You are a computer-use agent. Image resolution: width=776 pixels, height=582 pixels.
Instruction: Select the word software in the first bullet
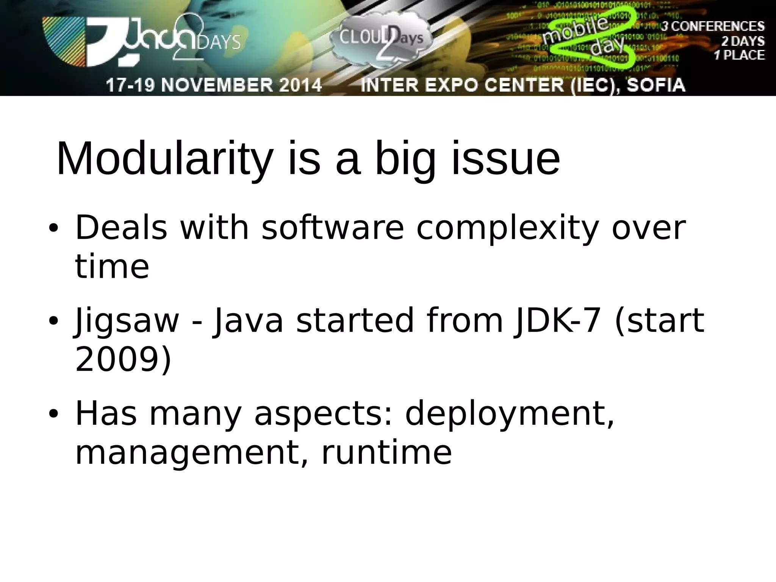click(333, 228)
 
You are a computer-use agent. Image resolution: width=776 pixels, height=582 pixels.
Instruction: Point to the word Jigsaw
click(127, 321)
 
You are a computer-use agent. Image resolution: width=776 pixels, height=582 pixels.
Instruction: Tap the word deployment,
click(509, 415)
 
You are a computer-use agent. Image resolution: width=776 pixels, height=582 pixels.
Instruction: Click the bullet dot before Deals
click(53, 229)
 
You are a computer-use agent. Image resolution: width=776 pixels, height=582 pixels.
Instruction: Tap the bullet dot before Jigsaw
click(53, 321)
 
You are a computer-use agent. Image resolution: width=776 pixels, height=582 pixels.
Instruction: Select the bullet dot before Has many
click(53, 414)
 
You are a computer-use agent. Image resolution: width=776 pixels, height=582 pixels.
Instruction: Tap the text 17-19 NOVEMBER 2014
click(214, 85)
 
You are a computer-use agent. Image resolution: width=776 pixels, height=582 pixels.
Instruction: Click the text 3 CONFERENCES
click(713, 27)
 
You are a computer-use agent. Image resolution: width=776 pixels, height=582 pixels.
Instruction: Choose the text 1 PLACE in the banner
click(739, 55)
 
